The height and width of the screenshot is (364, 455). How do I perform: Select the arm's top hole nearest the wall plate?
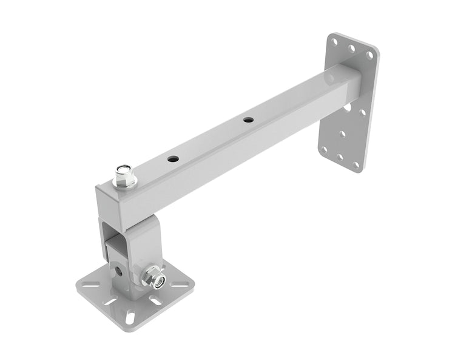tap(248, 120)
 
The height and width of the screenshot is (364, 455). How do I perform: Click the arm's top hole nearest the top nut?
tap(174, 159)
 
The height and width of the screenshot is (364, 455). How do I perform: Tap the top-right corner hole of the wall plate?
tap(368, 55)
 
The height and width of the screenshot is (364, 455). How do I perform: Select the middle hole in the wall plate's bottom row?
tap(340, 157)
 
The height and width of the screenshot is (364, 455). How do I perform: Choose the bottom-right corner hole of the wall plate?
tap(357, 165)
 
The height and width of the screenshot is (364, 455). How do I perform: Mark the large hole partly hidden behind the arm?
tap(347, 108)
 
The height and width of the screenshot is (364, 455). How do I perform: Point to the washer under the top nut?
tap(125, 184)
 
